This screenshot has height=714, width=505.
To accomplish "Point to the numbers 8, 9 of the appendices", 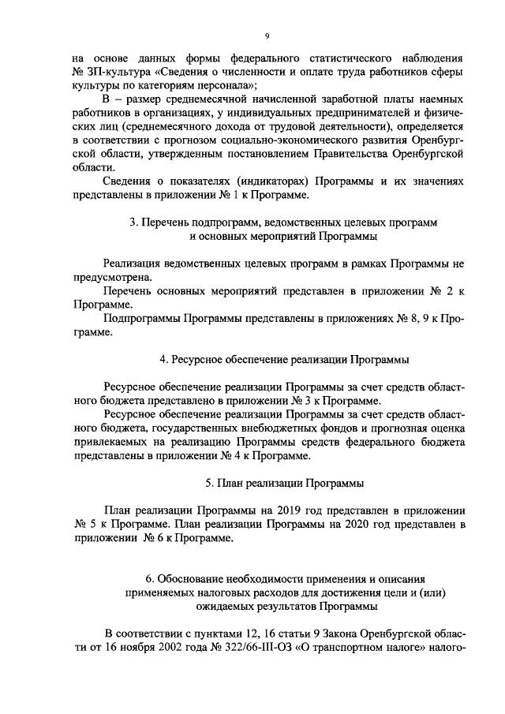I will (391, 319).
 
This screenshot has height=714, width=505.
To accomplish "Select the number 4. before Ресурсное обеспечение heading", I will (163, 361).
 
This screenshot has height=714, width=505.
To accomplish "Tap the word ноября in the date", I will (148, 649).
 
